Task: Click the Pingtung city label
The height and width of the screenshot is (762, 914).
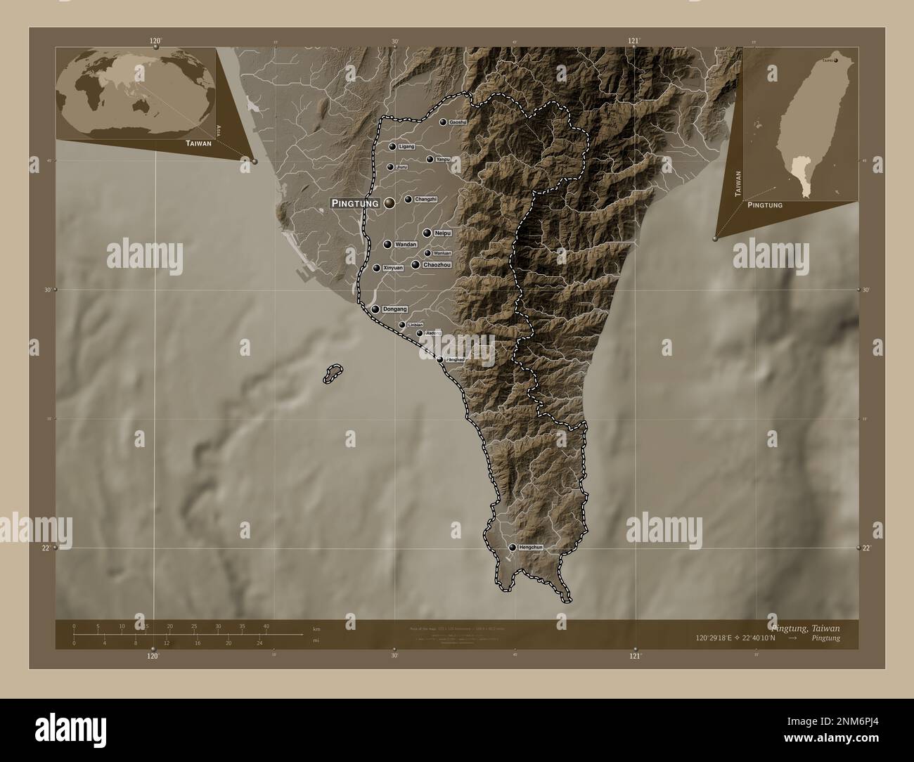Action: (x=355, y=203)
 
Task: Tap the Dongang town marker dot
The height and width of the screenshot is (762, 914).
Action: (x=375, y=309)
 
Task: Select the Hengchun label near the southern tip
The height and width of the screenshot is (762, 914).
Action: (x=531, y=547)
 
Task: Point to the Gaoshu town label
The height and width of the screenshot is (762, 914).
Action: (x=458, y=122)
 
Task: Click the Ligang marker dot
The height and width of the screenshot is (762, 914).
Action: (x=392, y=147)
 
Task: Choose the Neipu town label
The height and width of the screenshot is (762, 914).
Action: (x=442, y=232)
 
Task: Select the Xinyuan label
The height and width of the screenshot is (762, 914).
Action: (x=394, y=268)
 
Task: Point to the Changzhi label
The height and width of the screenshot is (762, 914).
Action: (x=426, y=200)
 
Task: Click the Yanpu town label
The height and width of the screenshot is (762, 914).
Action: (x=443, y=160)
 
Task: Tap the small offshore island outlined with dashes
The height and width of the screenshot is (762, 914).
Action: (x=333, y=374)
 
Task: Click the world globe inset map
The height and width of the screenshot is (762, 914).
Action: (x=136, y=93)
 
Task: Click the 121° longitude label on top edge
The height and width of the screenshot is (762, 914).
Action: (x=634, y=41)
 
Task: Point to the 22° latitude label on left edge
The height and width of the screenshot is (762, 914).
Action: (x=46, y=548)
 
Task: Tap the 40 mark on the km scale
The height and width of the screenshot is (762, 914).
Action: (x=266, y=626)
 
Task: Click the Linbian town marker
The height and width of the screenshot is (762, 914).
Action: (x=402, y=325)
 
